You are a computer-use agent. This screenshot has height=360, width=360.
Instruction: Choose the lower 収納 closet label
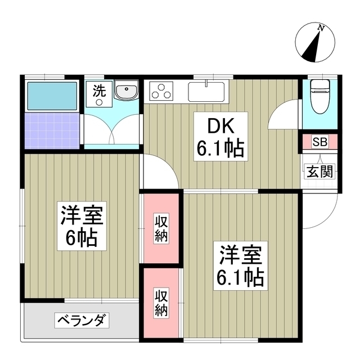[161, 302]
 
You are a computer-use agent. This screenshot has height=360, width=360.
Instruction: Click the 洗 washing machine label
[98, 92]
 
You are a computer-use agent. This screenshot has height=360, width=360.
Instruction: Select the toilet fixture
[319, 93]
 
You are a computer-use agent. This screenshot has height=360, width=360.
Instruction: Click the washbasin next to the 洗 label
[127, 91]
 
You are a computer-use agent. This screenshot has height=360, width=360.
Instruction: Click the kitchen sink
[206, 90]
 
